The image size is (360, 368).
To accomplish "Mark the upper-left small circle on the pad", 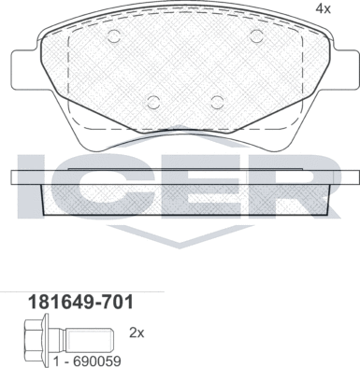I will pos(114,37).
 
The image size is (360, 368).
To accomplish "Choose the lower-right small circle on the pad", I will pos(217,101).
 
